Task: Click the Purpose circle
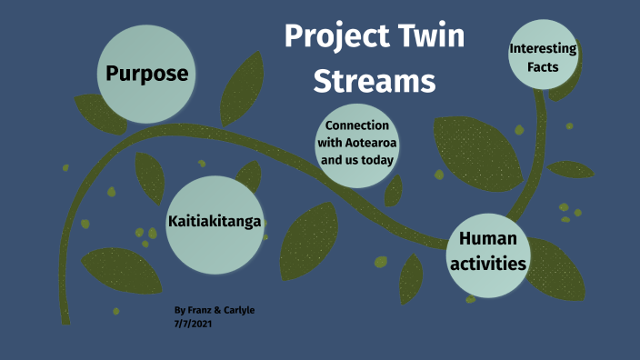[x=146, y=73]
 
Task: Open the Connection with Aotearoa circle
[x=356, y=143]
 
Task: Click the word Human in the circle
[x=489, y=239]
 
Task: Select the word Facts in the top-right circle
[x=542, y=66]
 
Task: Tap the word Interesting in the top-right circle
[x=543, y=48]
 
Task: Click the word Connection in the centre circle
[x=357, y=125]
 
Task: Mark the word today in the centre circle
[x=375, y=160]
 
